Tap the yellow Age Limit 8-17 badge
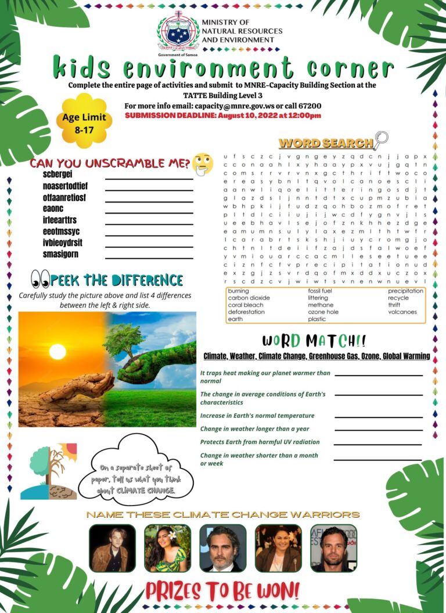tap(84, 122)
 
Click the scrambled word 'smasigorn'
tap(60, 254)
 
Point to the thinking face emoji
tap(202, 164)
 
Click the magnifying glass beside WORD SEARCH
tap(381, 140)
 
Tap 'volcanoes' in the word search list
tap(402, 312)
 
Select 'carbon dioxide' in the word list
tap(249, 298)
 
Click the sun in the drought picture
tap(57, 352)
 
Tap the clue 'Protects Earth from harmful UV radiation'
tap(260, 442)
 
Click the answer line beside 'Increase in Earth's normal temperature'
tap(378, 417)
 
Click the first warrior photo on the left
tap(112, 548)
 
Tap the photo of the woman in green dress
tap(167, 548)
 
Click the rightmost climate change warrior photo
tap(333, 548)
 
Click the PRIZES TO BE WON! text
tap(223, 591)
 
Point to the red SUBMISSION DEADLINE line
tap(223, 116)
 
